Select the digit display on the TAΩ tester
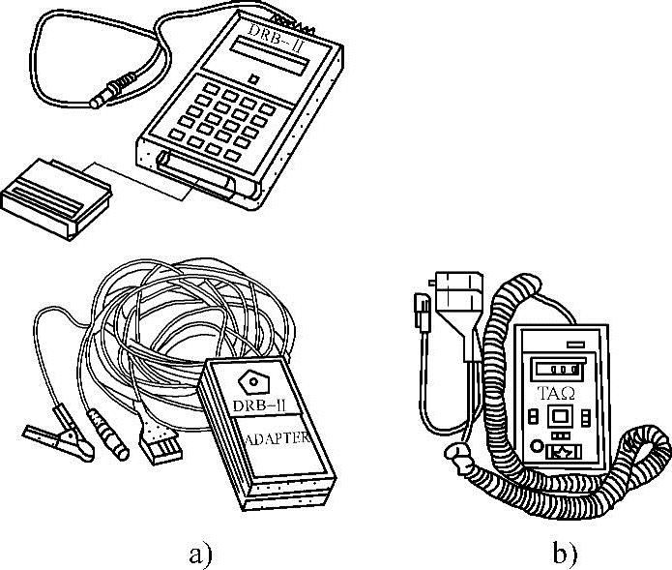(x=555, y=369)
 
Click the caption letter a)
(x=200, y=555)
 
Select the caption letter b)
(x=565, y=555)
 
